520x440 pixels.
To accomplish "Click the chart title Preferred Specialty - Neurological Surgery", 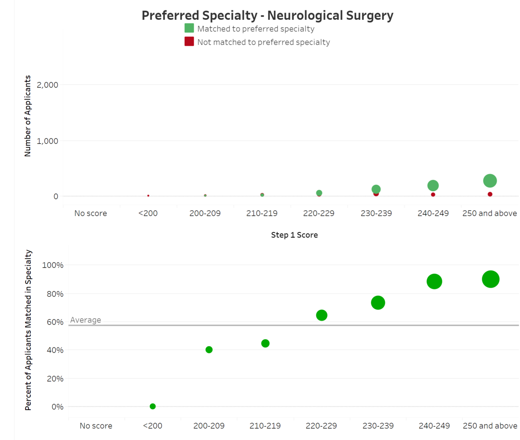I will coord(267,16).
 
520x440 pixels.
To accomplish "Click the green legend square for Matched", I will coord(189,29).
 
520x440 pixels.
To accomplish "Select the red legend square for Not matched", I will coord(189,42).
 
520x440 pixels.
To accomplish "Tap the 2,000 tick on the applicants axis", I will coord(48,85).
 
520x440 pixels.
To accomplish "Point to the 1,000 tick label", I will coord(48,141).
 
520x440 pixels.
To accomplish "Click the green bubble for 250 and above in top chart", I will coord(490,181).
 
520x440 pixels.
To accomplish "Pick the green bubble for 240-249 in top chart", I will coord(433,186).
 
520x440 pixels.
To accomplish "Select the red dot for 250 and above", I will coord(490,194).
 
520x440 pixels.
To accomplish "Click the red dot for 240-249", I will coord(433,195).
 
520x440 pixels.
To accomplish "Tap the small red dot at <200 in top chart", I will coord(148,196).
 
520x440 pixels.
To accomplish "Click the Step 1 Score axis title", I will coord(294,235).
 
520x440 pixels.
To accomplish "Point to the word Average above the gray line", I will coord(85,320).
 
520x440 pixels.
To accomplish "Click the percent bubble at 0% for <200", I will coord(153,406).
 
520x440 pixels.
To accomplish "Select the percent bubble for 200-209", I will coord(209,350).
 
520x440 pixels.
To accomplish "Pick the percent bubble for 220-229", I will coord(322,315).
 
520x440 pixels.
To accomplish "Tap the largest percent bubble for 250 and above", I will coord(491,279).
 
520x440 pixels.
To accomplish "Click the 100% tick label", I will coord(52,265).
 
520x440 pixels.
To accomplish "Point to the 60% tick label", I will coord(55,322).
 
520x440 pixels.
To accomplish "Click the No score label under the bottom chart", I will coord(96,426).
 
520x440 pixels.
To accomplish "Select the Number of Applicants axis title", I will coord(28,116).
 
